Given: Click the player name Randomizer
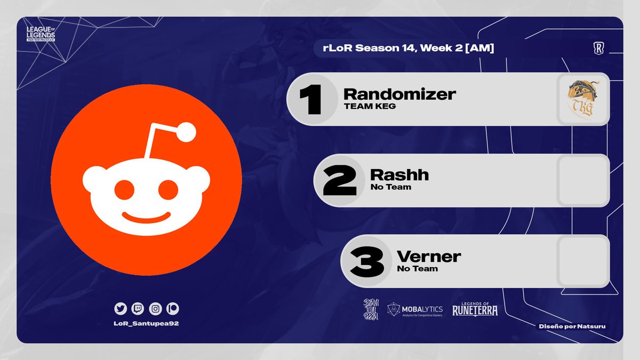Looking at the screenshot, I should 399,94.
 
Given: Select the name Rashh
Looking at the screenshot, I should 399,175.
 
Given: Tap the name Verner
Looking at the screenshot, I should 429,257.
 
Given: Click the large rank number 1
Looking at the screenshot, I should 310,99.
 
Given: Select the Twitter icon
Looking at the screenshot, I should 120,308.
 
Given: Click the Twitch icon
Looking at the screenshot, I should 138,308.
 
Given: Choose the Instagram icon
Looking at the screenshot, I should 155,308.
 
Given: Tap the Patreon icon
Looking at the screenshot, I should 173,308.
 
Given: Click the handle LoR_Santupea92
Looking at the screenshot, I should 147,324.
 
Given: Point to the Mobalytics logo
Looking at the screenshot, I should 415,310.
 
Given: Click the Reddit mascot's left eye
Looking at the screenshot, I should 124,189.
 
